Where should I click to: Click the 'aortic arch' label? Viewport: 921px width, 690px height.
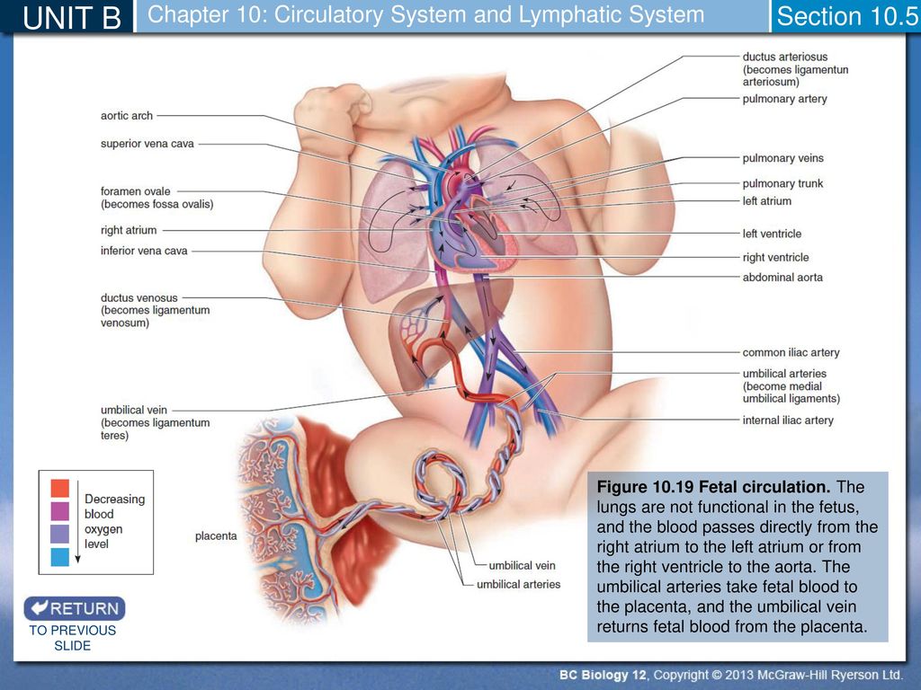point(126,116)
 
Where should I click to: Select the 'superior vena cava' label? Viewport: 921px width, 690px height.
point(147,144)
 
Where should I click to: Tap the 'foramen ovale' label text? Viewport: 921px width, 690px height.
point(135,191)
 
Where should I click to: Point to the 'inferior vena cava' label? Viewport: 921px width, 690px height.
point(144,251)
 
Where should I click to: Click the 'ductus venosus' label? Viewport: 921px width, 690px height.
point(139,297)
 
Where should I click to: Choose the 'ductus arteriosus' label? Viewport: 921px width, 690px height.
point(784,57)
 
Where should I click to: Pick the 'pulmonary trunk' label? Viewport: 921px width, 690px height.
point(782,183)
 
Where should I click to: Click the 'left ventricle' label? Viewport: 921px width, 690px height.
point(772,234)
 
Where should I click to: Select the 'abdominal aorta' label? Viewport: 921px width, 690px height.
point(782,278)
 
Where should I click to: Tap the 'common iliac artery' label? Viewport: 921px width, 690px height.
point(791,352)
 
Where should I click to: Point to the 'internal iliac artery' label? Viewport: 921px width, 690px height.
point(788,420)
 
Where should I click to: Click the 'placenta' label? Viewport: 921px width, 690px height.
point(216,535)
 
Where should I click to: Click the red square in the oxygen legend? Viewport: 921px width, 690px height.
point(60,488)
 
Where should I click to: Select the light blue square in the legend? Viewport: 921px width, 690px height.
point(60,557)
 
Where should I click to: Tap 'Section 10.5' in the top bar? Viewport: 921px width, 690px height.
point(847,16)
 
